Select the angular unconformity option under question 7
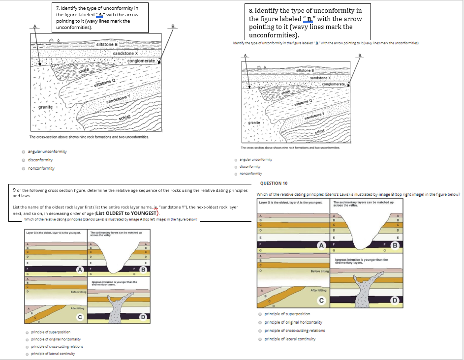[24, 151]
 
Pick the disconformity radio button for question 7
[24, 159]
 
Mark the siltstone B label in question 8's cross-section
[306, 71]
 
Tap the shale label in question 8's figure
[285, 91]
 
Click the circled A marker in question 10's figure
[322, 245]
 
